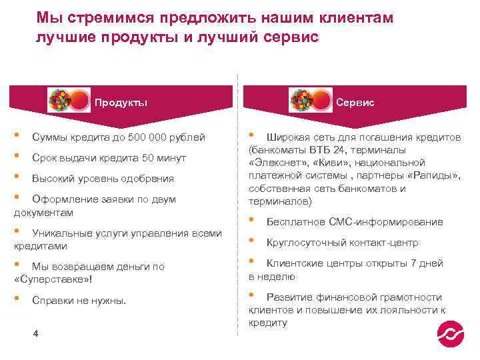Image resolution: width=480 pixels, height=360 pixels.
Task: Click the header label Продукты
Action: coord(121,103)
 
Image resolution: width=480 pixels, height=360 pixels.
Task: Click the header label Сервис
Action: coord(355,103)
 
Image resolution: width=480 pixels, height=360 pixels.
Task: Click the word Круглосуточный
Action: coord(301,242)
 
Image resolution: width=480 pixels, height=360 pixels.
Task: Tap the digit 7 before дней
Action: coord(413,263)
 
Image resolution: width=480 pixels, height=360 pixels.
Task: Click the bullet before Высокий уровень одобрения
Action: coord(17,178)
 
